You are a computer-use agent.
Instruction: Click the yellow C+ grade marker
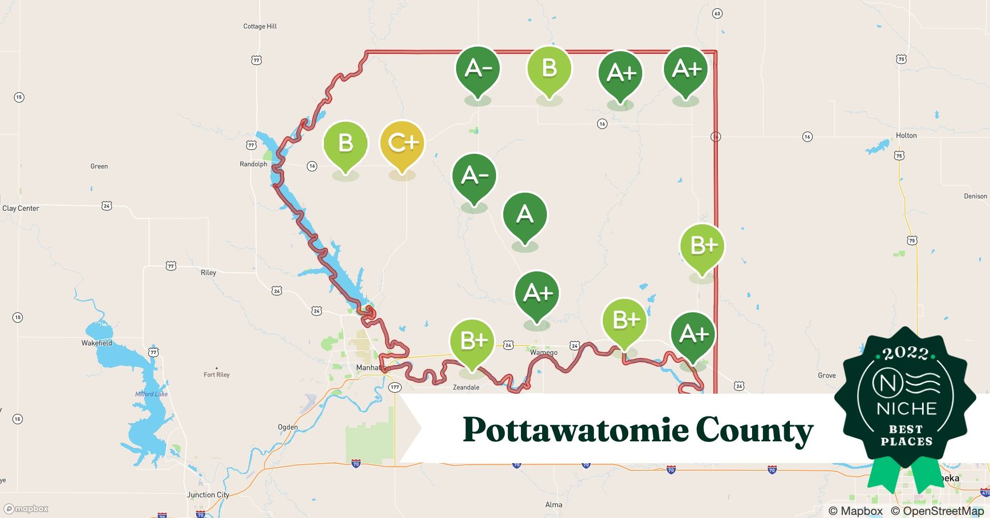tap(402, 143)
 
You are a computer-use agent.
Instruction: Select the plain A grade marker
tap(525, 215)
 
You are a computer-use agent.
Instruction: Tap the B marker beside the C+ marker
tap(345, 143)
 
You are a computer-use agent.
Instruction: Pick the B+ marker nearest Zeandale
tap(472, 341)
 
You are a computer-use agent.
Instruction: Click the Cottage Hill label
tap(260, 26)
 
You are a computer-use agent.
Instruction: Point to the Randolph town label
tap(253, 164)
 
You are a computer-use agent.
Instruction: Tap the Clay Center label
tap(21, 208)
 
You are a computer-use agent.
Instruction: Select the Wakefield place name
tap(96, 343)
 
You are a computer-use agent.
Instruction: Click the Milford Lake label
tap(151, 394)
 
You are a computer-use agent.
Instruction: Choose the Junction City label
tap(208, 495)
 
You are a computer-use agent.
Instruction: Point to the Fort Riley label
tap(217, 375)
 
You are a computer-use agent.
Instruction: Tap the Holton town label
tap(906, 135)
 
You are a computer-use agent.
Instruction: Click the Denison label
tap(975, 196)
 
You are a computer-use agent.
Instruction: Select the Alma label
tap(554, 505)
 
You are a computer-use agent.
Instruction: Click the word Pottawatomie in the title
tap(574, 430)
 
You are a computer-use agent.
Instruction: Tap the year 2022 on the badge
tap(905, 353)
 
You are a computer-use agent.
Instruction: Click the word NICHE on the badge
tap(906, 409)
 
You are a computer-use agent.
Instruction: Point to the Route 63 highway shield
tap(717, 13)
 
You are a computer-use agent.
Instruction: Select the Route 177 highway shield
tap(395, 387)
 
